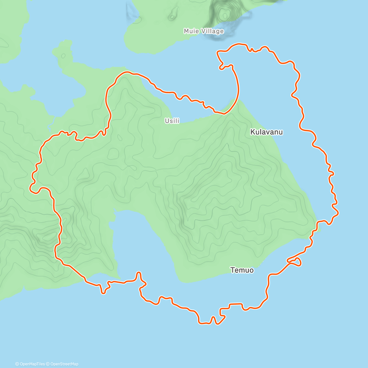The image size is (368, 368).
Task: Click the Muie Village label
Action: coord(204,31)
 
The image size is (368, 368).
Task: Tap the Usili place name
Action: coord(172,121)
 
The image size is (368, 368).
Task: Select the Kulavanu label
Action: coord(266,132)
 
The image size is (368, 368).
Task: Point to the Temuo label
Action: coord(242,270)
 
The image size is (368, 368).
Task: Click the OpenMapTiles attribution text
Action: coord(32,364)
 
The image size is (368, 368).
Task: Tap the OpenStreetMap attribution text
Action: coord(64,364)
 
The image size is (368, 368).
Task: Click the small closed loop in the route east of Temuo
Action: coord(295,262)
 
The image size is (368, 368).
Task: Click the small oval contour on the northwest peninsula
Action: coord(63,56)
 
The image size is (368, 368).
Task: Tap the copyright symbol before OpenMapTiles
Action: coord(17,364)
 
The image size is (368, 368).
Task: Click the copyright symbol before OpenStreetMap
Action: coord(48,364)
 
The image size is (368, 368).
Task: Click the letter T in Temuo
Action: coord(232,270)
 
